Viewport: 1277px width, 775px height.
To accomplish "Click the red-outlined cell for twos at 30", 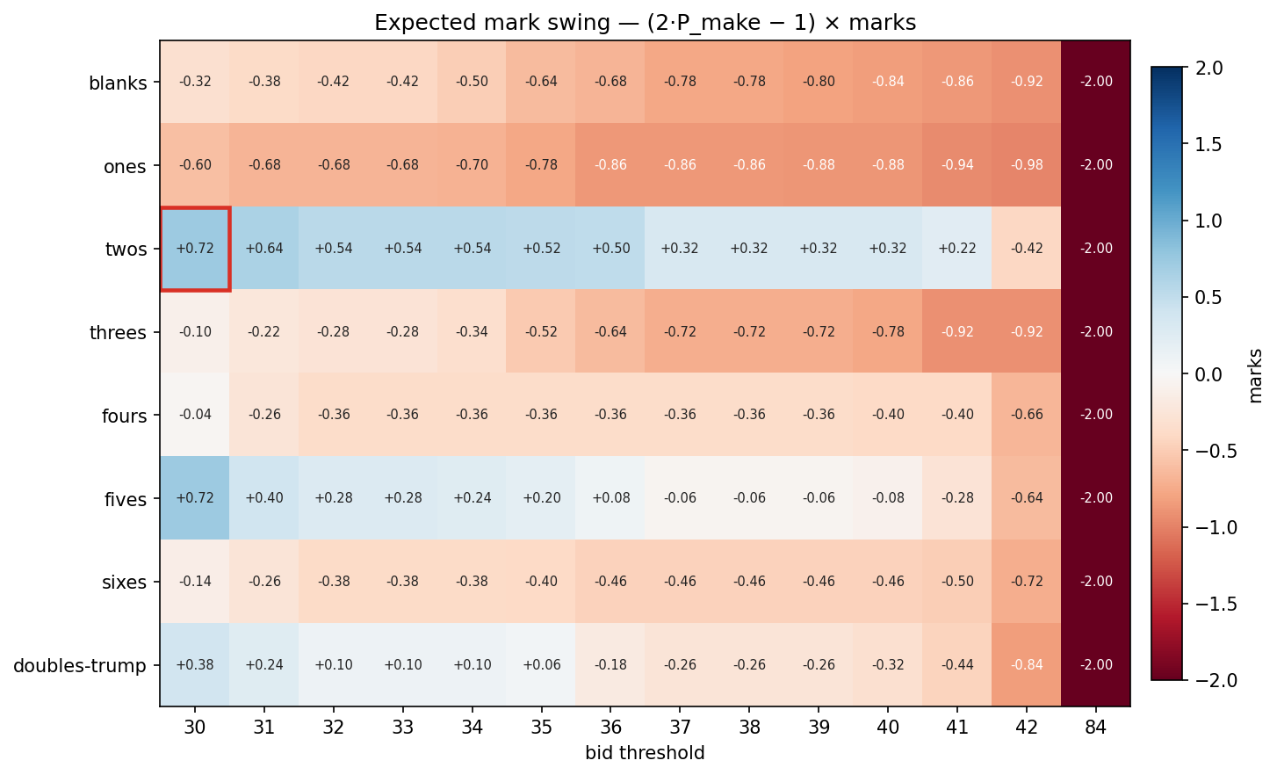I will point(195,249).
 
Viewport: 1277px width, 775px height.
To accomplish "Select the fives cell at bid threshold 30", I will point(195,498).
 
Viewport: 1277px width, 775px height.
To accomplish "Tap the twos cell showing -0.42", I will point(1027,249).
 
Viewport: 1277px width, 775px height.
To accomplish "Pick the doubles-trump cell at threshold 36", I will point(611,665).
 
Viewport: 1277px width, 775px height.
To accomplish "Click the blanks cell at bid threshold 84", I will point(1096,82).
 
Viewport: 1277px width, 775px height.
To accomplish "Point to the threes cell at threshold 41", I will point(957,332).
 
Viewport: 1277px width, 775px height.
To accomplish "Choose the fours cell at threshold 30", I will point(195,415).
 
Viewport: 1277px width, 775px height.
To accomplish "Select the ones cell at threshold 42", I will point(1027,165).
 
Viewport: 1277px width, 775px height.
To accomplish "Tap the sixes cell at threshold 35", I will point(542,582).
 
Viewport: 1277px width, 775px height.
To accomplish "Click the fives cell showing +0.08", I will point(611,498).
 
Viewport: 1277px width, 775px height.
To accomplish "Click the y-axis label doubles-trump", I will point(80,666).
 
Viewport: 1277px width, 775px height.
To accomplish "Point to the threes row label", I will point(118,333).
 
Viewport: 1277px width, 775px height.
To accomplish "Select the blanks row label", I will point(118,83).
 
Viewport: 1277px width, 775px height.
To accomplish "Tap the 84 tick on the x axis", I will point(1096,728).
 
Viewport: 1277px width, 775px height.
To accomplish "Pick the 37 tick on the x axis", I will point(681,728).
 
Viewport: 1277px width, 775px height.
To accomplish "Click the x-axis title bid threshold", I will point(645,753).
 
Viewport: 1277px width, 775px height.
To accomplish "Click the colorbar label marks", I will point(1255,375).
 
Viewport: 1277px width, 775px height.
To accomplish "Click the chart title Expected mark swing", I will point(645,23).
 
